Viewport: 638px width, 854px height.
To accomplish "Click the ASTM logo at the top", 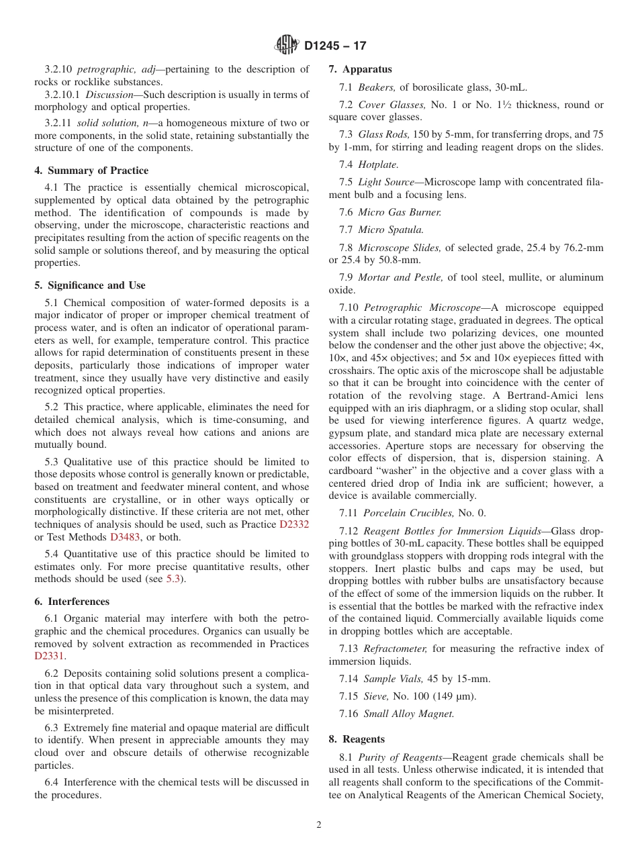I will [287, 46].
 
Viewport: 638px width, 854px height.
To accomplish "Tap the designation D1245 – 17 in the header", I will [335, 46].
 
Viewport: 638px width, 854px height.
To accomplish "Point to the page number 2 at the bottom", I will [319, 825].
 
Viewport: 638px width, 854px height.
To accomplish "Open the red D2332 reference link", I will [294, 524].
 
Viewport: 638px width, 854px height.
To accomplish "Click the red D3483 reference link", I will [125, 537].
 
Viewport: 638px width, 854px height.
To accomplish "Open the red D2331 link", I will [50, 657].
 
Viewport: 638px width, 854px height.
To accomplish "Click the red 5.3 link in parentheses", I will [173, 579].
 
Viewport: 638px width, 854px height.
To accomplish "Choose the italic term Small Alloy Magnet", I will [408, 714].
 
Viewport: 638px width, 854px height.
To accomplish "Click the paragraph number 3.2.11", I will [58, 123].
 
